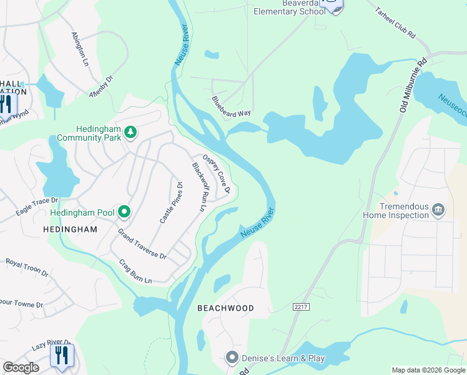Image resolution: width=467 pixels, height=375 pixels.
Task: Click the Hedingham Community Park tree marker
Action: (x=130, y=132)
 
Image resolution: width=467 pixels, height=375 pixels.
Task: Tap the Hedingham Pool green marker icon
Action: (x=124, y=212)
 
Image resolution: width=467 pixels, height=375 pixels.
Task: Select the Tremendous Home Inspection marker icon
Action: (x=438, y=209)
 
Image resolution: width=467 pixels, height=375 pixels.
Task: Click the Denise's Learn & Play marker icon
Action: (x=232, y=358)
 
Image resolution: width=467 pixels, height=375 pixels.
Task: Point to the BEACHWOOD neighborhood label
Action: (x=225, y=308)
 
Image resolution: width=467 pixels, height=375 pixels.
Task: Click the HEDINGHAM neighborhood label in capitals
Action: (x=71, y=229)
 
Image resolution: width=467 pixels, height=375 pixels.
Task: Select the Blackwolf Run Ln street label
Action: (x=199, y=186)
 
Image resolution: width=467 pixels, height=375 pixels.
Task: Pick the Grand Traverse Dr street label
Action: (x=142, y=244)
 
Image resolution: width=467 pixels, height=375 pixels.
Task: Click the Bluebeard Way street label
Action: (x=231, y=106)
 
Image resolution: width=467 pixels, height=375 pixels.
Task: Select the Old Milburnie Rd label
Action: (x=413, y=85)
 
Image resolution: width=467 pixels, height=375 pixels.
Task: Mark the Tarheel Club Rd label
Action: (x=395, y=23)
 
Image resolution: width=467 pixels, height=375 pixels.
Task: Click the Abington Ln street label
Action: (x=80, y=49)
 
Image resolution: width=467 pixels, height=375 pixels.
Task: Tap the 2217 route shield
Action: (x=300, y=306)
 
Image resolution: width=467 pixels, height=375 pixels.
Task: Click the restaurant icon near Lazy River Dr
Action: (x=61, y=356)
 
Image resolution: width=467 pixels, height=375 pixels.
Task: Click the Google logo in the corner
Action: (x=21, y=367)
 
